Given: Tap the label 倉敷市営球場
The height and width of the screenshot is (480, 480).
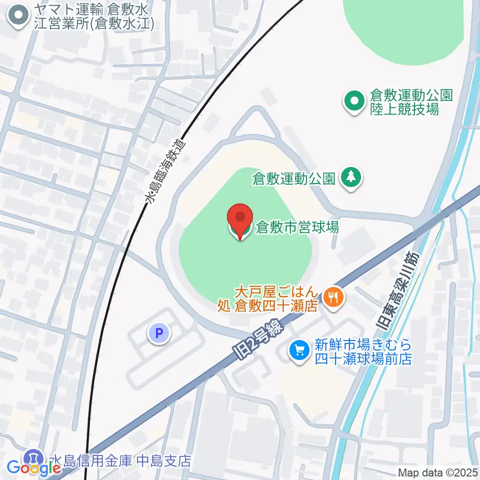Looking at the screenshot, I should [297, 227].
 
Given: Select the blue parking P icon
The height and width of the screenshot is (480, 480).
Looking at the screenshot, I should [159, 333].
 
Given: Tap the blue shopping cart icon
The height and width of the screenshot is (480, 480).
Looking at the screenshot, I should [299, 351].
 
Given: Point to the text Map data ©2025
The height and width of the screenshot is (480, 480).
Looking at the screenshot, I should [438, 472].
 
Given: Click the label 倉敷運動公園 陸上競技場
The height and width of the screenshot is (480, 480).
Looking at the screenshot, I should [404, 102].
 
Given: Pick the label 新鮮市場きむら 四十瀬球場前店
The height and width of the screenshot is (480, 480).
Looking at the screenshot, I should [362, 351].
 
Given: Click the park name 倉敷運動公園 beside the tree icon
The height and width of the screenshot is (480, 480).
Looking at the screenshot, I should [294, 178].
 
